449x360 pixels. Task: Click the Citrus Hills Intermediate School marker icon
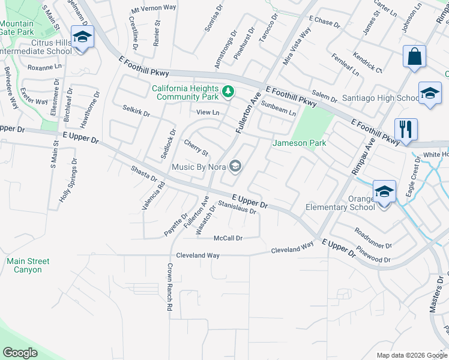coord(81,38)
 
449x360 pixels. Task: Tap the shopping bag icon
coord(414,57)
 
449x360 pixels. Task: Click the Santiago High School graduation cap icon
coord(430,93)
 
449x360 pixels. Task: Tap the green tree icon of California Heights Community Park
coord(228,92)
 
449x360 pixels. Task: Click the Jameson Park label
coord(300,143)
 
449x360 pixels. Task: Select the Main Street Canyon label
coord(28,265)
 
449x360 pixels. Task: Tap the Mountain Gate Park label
coord(17,28)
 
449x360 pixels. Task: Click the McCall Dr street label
coord(228,238)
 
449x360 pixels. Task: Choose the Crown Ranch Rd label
coord(170,286)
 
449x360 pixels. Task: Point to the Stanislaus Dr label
coord(237,208)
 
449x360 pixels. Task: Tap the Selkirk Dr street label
coord(136,110)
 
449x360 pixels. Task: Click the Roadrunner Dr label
coord(373,238)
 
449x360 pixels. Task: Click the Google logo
coord(20,353)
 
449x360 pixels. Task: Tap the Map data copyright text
coord(411,355)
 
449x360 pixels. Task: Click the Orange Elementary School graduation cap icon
coord(384,191)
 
